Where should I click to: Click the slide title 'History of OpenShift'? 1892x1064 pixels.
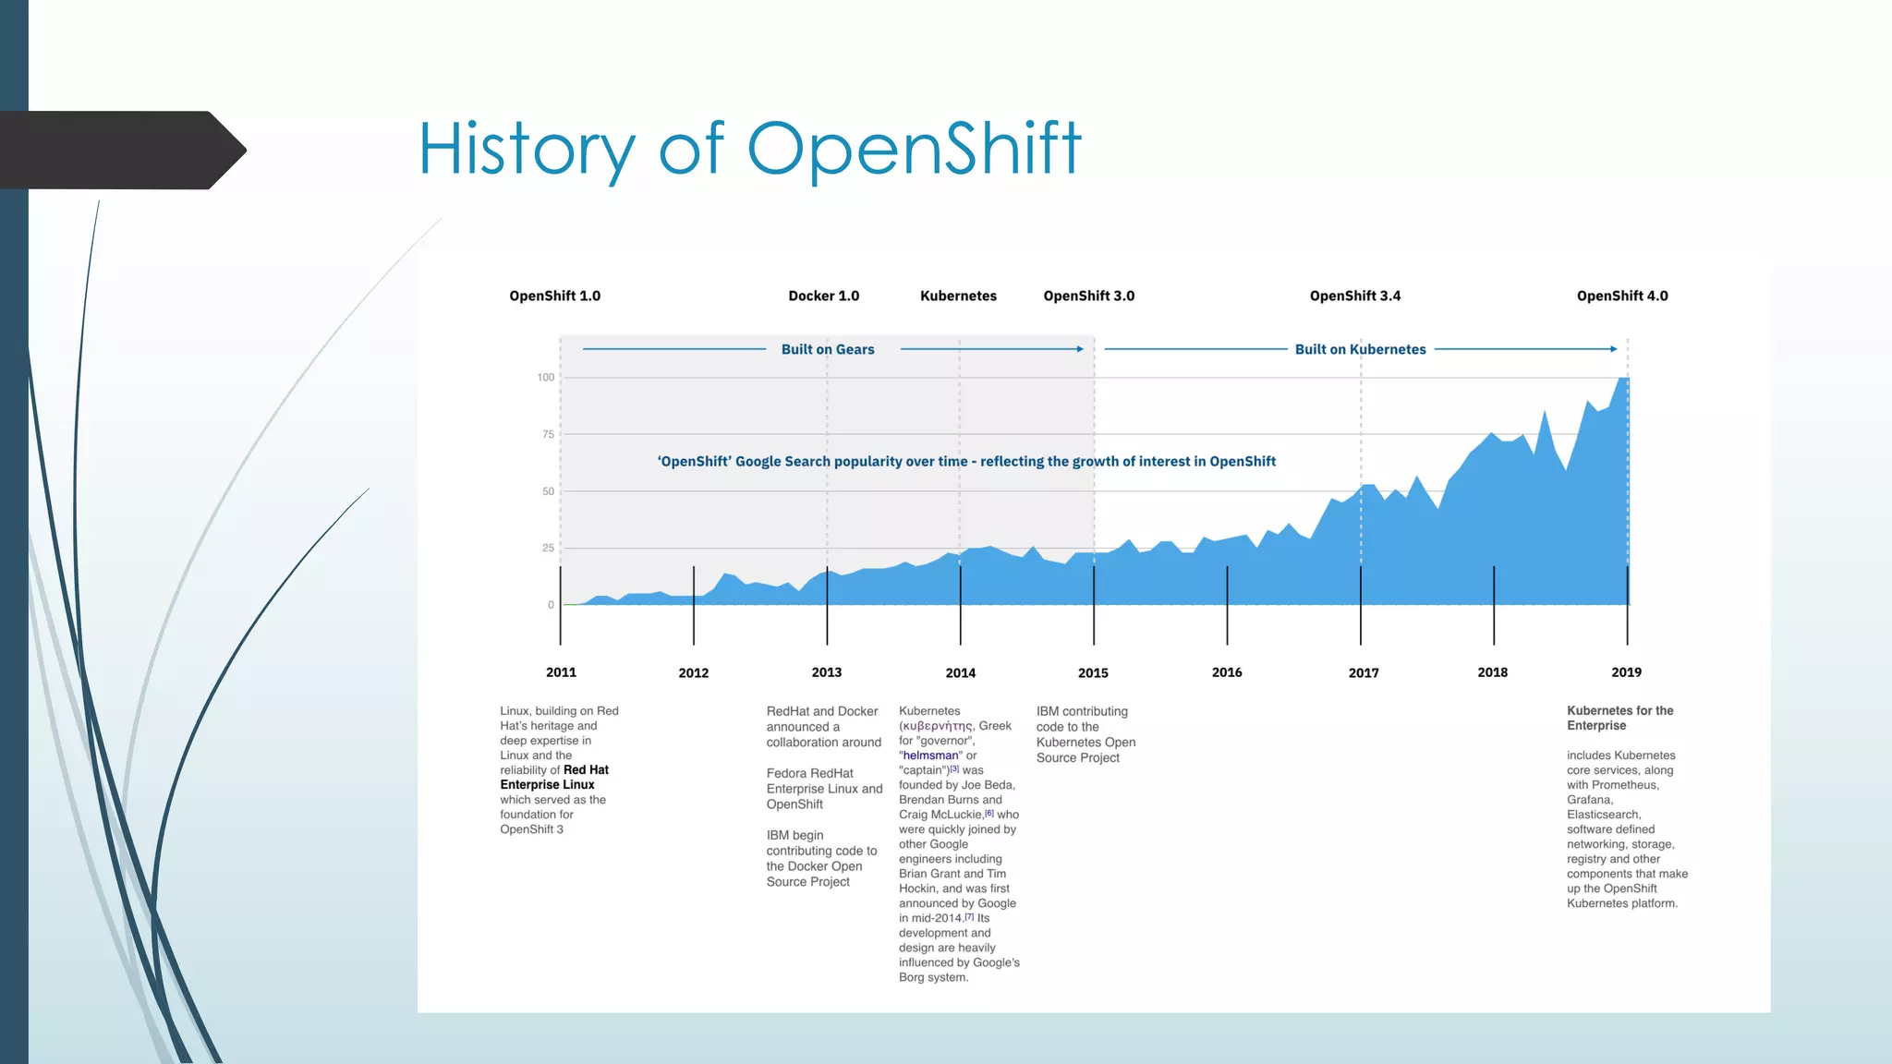click(x=749, y=149)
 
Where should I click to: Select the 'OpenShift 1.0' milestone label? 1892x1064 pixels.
click(x=554, y=296)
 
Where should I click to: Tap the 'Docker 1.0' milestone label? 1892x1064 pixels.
click(x=823, y=296)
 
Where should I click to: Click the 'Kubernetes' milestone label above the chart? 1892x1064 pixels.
click(x=958, y=296)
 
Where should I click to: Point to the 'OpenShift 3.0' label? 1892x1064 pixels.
click(x=1088, y=296)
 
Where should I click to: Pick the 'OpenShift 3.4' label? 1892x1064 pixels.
click(x=1354, y=296)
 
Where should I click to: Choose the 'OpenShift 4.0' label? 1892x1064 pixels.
click(x=1621, y=296)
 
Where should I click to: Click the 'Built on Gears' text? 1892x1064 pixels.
click(x=827, y=349)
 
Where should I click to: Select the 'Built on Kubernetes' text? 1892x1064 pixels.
click(x=1360, y=349)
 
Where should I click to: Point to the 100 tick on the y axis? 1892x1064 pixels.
click(x=546, y=377)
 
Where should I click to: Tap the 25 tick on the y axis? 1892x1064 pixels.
click(x=548, y=548)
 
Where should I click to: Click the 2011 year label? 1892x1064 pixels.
click(x=561, y=672)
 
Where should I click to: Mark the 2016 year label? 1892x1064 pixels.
click(x=1226, y=672)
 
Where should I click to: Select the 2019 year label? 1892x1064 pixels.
click(x=1626, y=672)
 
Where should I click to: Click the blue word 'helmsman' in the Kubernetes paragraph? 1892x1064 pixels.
click(x=930, y=756)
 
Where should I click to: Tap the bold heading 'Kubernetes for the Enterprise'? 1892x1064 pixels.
click(x=1619, y=718)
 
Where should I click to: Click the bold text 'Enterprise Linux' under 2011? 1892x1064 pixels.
click(x=547, y=785)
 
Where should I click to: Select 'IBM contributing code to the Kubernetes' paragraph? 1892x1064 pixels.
click(x=1085, y=734)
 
